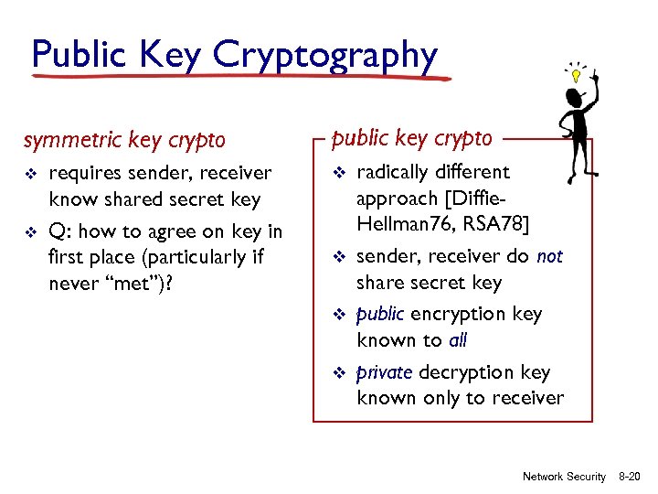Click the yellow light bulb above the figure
577,74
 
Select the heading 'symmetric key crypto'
123,140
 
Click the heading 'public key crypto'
411,137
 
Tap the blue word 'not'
550,257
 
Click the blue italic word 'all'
457,340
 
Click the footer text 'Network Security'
564,477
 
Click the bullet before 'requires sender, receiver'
30,174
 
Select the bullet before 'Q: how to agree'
30,231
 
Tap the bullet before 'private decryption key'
337,373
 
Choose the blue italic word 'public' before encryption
380,314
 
